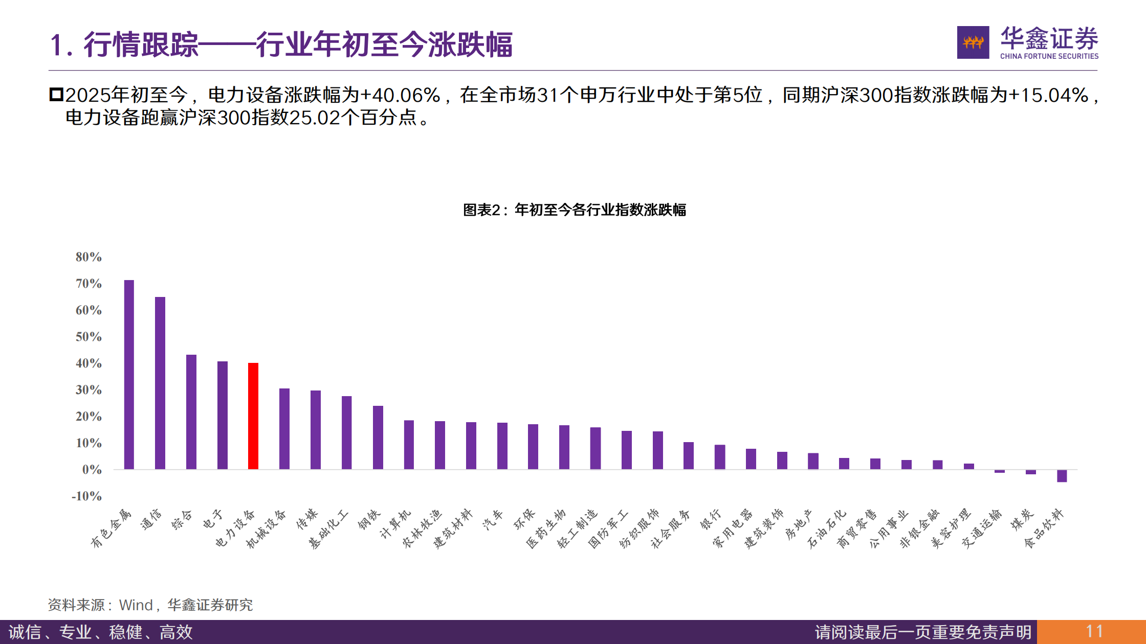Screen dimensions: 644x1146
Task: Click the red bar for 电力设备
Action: click(253, 416)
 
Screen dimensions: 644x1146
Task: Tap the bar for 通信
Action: click(160, 383)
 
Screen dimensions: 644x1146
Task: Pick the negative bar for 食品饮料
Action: click(1062, 476)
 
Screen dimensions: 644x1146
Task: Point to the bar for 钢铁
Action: click(378, 438)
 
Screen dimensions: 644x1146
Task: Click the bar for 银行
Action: click(720, 457)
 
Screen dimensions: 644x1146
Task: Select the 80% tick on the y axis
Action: click(89, 257)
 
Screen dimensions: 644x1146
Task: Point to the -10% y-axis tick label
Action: click(86, 496)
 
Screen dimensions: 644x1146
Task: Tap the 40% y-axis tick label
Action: click(89, 363)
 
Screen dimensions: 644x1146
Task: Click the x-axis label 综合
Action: click(182, 519)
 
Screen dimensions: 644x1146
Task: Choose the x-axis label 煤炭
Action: click(1022, 519)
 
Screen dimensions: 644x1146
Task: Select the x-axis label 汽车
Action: click(493, 519)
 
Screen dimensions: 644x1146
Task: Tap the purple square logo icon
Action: click(973, 42)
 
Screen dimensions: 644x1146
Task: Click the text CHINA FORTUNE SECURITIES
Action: click(1049, 56)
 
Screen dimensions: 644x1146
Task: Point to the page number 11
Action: click(1094, 632)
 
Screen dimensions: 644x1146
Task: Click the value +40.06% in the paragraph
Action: click(400, 96)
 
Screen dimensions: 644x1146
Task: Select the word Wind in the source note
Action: click(136, 605)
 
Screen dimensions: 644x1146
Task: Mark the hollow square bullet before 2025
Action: click(56, 95)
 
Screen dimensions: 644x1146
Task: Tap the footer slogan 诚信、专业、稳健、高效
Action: click(101, 632)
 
